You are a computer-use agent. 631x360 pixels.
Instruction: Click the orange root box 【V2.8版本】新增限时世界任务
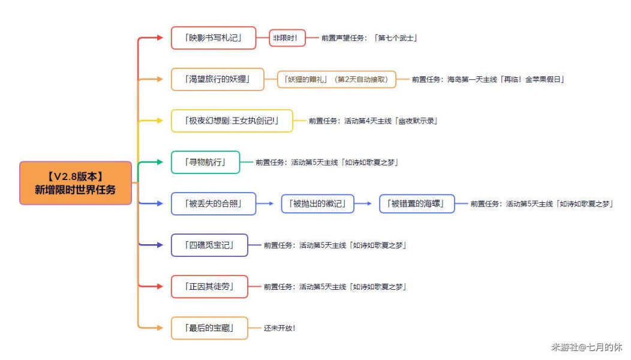click(x=76, y=183)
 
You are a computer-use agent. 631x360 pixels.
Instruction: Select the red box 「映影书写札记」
click(x=214, y=38)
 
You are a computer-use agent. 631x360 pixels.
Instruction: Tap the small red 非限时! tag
click(x=287, y=38)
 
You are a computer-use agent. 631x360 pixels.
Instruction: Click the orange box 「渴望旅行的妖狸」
click(x=217, y=79)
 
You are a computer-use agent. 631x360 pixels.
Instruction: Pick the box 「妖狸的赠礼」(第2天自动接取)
click(x=336, y=79)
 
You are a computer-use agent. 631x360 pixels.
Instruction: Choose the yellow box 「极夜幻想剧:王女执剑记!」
click(x=232, y=121)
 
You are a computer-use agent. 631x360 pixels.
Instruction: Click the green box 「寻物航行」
click(x=205, y=162)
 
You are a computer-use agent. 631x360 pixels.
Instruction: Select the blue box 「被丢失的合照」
click(x=214, y=204)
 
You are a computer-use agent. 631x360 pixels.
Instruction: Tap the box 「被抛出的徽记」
click(x=317, y=204)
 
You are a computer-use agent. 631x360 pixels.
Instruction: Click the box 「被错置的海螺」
click(x=417, y=204)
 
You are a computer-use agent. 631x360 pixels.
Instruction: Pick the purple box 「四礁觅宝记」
click(x=209, y=245)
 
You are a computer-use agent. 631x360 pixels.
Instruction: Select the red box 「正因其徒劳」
click(x=209, y=287)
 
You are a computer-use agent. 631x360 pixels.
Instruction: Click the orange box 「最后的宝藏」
click(x=209, y=328)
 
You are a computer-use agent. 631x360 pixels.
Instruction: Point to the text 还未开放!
click(x=280, y=328)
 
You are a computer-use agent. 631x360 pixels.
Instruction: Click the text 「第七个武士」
click(x=395, y=38)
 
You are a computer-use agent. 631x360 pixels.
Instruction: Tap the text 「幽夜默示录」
click(x=416, y=121)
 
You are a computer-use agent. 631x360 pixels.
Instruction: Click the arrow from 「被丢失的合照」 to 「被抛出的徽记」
click(x=265, y=204)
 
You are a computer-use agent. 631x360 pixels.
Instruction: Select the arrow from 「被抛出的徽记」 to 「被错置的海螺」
click(x=363, y=204)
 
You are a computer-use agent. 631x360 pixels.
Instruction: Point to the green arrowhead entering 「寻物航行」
click(x=160, y=162)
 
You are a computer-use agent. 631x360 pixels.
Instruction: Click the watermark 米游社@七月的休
click(x=586, y=347)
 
